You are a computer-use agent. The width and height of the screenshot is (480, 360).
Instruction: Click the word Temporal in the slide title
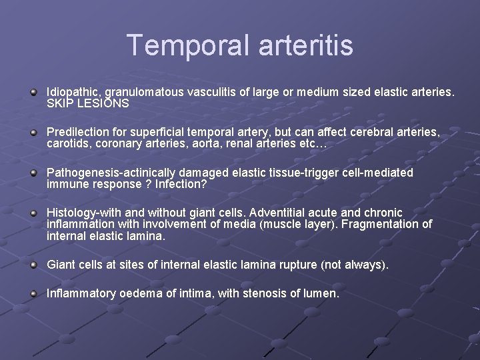181,45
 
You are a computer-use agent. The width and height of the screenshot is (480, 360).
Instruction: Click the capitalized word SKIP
60,104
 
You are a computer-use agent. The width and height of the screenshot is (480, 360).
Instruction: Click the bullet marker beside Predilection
33,133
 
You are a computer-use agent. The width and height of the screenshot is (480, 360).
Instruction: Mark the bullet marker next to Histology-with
33,213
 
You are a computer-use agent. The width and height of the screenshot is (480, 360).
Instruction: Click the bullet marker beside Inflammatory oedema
33,293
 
